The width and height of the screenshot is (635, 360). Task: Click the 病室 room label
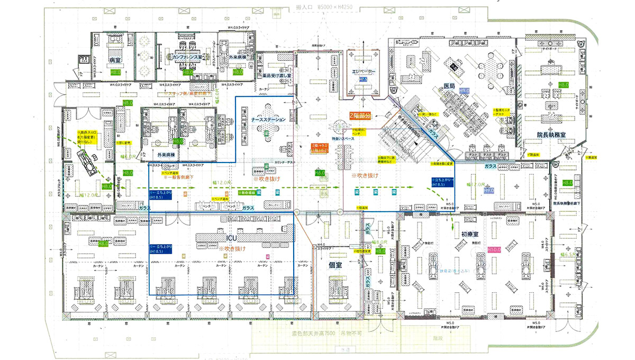(x=115, y=61)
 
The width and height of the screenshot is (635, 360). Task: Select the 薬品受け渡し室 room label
(x=277, y=76)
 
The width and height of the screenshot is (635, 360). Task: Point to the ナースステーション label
(x=269, y=120)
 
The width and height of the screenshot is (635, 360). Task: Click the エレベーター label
(x=363, y=71)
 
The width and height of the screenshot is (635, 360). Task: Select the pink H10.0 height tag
(x=494, y=249)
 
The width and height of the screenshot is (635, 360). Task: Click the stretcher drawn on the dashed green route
(x=85, y=158)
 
